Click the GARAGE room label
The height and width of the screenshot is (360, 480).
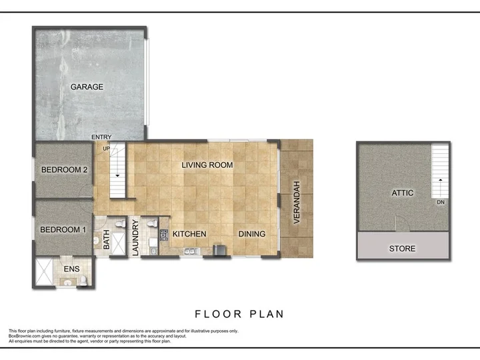tap(87, 87)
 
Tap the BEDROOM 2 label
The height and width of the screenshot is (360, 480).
tap(64, 169)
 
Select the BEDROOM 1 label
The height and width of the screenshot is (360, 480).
tap(63, 229)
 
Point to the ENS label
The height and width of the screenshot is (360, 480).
tap(71, 269)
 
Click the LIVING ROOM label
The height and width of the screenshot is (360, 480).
tap(207, 165)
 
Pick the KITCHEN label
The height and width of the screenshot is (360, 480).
tap(189, 234)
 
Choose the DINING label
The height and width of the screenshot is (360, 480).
tap(252, 234)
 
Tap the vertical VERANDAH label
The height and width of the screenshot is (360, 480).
tap(296, 203)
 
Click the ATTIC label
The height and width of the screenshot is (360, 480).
tap(403, 193)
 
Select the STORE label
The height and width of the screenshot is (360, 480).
tap(402, 249)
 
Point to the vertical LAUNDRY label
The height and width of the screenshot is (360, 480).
tap(135, 238)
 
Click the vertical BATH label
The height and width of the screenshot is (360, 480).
tap(106, 239)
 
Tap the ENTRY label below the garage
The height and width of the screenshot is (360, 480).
tap(101, 137)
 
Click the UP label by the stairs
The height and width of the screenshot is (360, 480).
tap(106, 149)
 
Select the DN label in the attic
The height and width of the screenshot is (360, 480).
tap(441, 202)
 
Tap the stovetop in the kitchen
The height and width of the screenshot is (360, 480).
tap(164, 235)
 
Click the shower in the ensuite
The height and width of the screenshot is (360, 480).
tap(45, 272)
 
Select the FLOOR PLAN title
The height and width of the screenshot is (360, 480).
tap(239, 314)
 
